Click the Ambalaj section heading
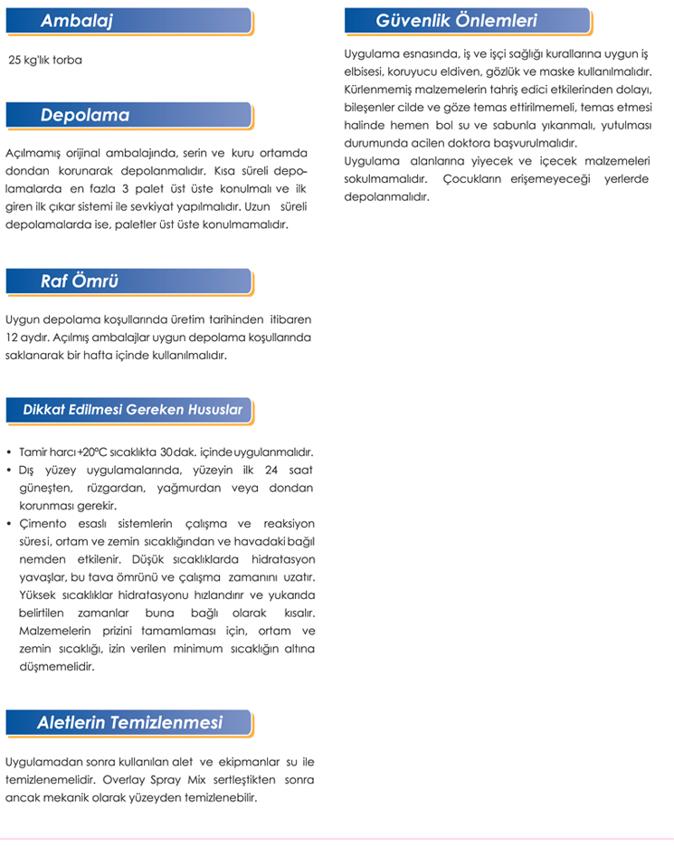(x=76, y=22)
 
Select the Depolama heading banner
(x=85, y=116)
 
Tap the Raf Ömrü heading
(x=80, y=281)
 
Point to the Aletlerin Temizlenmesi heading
(x=129, y=723)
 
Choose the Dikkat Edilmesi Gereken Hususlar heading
(x=132, y=410)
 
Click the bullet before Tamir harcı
(x=8, y=452)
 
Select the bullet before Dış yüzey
(x=8, y=470)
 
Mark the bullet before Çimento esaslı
(x=8, y=523)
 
